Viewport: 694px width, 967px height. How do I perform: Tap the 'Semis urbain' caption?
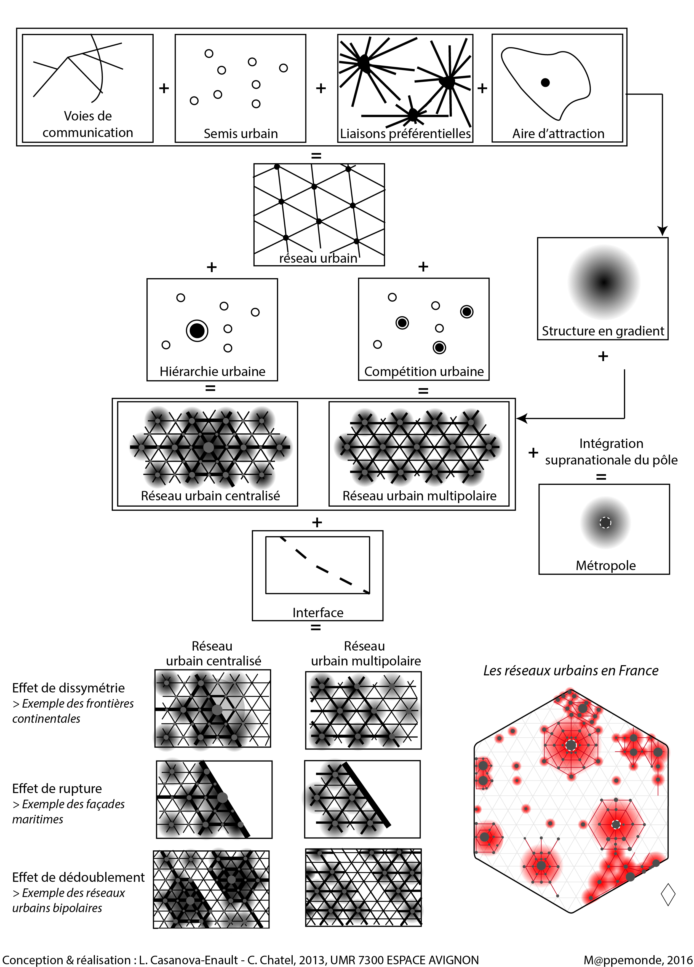pos(241,133)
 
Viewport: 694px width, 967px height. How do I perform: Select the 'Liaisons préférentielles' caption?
pos(405,133)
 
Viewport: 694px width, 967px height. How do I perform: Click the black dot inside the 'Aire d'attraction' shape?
pos(545,83)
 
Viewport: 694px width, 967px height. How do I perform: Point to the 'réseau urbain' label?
pos(318,258)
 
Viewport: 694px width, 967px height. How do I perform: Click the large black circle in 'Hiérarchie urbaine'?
pos(197,331)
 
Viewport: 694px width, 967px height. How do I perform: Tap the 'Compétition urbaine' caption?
pos(424,371)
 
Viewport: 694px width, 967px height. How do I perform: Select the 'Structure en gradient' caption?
pos(603,331)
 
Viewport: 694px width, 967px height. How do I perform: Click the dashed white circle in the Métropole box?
pos(605,522)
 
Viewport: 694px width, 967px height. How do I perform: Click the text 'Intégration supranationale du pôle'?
pos(611,452)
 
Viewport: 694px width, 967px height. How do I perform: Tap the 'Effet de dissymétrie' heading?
pos(68,688)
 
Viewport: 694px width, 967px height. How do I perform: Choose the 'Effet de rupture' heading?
pos(57,788)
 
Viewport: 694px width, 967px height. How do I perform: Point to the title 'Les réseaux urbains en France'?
pos(571,671)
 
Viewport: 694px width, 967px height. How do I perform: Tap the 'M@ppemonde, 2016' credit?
pos(638,960)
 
